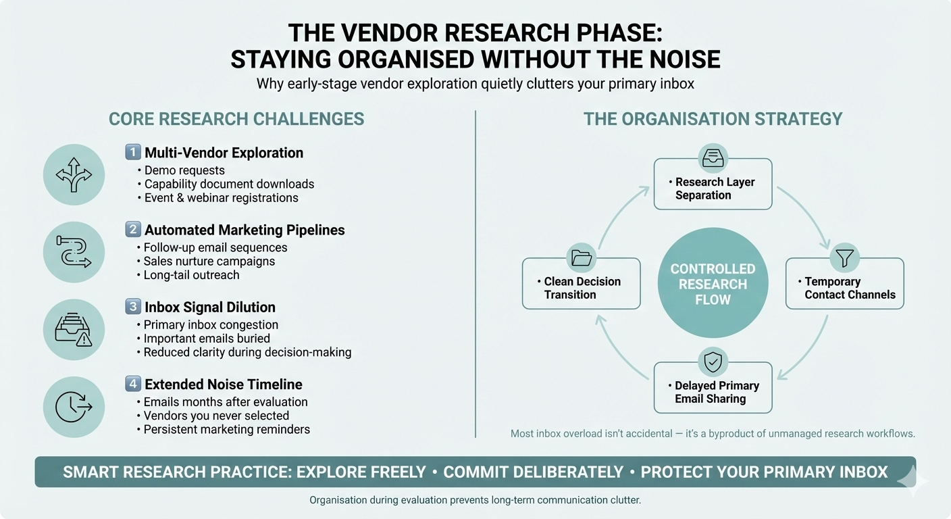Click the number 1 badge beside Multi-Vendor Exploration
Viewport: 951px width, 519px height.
pos(133,153)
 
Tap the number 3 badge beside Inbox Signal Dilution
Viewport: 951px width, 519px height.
pos(133,307)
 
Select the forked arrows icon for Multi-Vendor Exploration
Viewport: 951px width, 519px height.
pos(74,175)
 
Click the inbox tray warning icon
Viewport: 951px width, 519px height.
pos(74,330)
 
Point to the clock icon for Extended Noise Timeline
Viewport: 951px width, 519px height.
pos(74,407)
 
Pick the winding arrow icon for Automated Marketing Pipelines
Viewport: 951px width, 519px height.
pos(74,252)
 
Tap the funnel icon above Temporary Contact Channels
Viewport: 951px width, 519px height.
pos(845,257)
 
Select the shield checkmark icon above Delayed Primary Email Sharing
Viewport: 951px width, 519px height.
pos(713,362)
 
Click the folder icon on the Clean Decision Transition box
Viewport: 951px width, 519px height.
pos(581,257)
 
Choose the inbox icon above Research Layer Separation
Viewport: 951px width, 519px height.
pos(713,158)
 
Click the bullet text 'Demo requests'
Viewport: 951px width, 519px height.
pos(184,170)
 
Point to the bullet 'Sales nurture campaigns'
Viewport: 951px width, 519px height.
pos(209,261)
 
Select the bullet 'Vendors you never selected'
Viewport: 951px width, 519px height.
pos(216,416)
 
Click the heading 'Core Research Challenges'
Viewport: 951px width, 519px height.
pos(236,120)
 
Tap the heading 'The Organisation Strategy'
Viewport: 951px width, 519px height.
pos(713,120)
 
